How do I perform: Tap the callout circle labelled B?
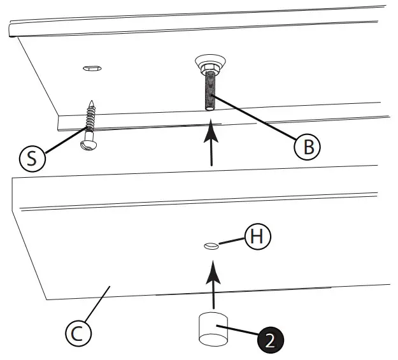308,147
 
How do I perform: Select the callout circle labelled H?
257,236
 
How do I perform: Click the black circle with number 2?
270,340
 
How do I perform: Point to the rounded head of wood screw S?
88,145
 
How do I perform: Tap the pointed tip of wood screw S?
93,102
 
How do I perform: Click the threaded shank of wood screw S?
91,120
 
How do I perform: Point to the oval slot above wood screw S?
92,68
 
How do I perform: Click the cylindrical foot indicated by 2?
213,328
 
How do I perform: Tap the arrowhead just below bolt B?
211,136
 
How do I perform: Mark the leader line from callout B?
255,119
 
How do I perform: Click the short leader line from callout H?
231,241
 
